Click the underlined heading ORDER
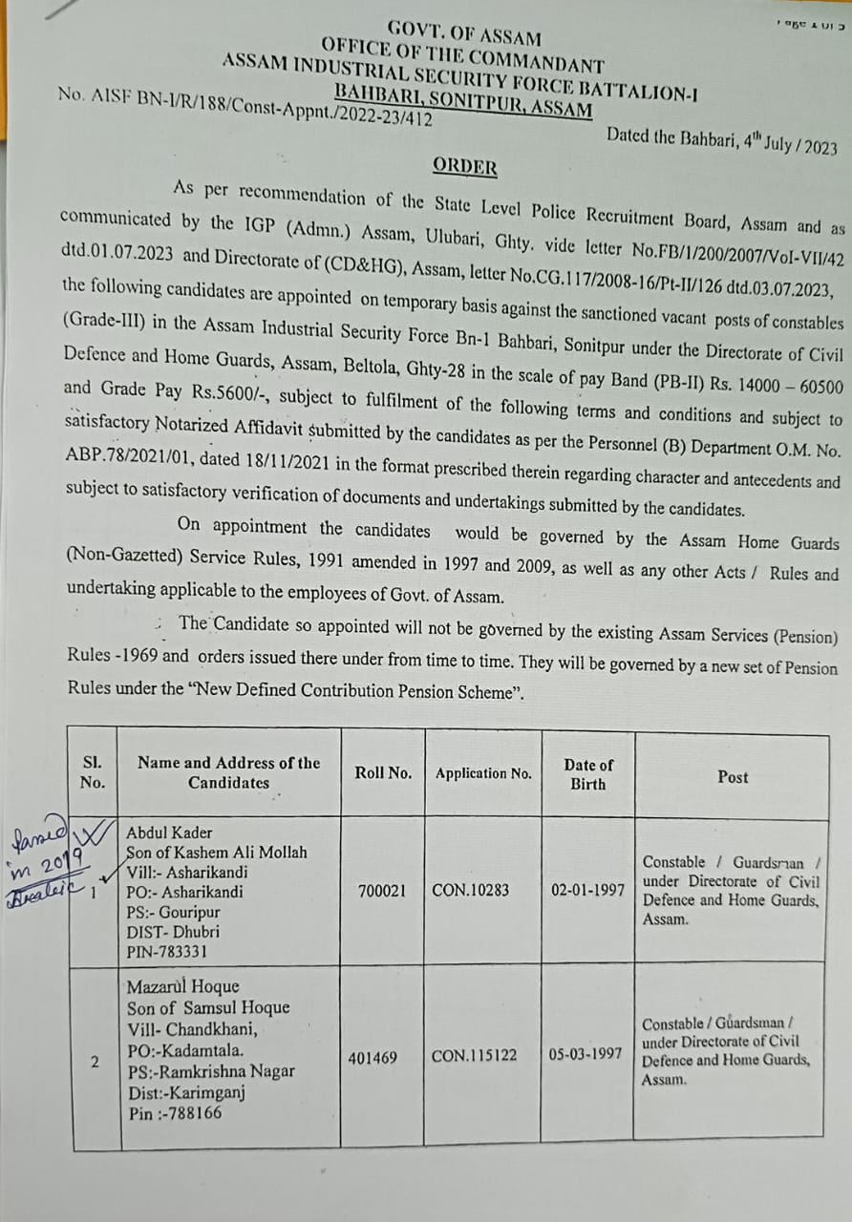pyautogui.click(x=464, y=166)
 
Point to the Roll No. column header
pyautogui.click(x=383, y=773)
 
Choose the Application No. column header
pyautogui.click(x=483, y=774)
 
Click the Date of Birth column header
pyautogui.click(x=588, y=774)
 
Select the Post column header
pyautogui.click(x=733, y=777)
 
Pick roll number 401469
pyautogui.click(x=373, y=1058)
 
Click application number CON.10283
pyautogui.click(x=470, y=891)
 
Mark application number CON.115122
pyautogui.click(x=474, y=1057)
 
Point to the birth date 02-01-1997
pyautogui.click(x=588, y=891)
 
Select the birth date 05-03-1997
pyautogui.click(x=586, y=1055)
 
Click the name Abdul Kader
pyautogui.click(x=170, y=832)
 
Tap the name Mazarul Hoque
pyautogui.click(x=182, y=986)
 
